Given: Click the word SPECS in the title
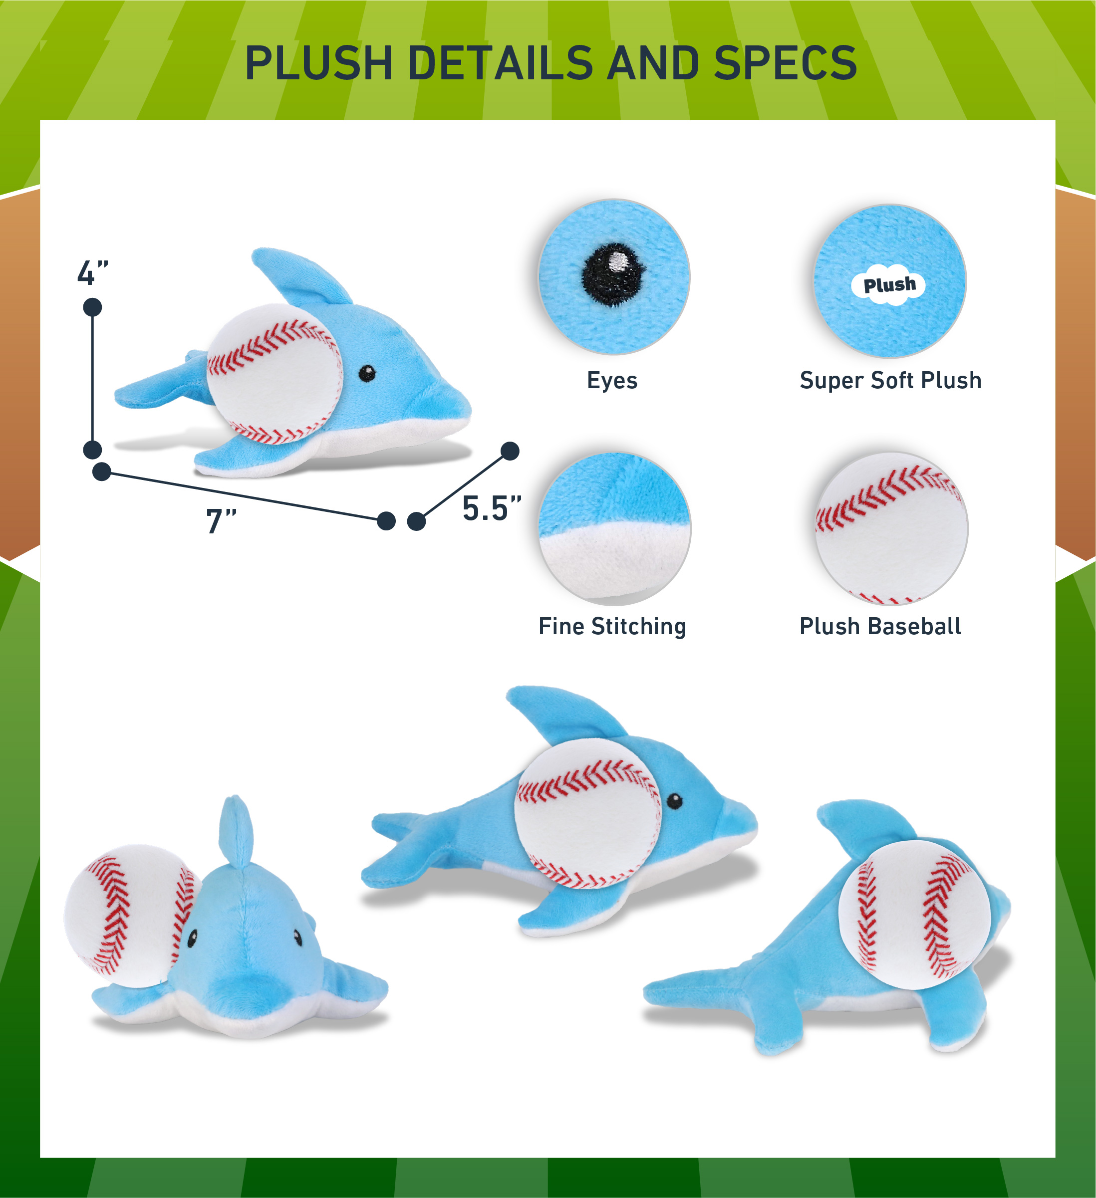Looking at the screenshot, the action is pyautogui.click(x=785, y=62).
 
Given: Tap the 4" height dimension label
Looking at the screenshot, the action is pyautogui.click(x=93, y=273).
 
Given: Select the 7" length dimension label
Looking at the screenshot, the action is pyautogui.click(x=221, y=520).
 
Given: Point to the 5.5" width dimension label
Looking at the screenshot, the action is pyautogui.click(x=492, y=508).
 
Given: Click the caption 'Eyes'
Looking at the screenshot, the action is pyautogui.click(x=612, y=380).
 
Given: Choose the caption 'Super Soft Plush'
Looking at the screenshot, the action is pyautogui.click(x=890, y=380).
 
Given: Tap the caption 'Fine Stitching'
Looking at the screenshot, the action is pyautogui.click(x=612, y=626).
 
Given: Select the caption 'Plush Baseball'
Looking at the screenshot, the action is pyautogui.click(x=880, y=626).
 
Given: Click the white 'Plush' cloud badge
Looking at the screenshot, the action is pyautogui.click(x=888, y=285).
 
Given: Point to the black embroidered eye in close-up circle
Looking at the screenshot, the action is pyautogui.click(x=614, y=274).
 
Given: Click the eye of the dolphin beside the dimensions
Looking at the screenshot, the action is pyautogui.click(x=367, y=373).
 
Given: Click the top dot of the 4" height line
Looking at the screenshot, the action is pyautogui.click(x=93, y=307).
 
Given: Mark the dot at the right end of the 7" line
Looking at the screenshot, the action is pyautogui.click(x=386, y=521).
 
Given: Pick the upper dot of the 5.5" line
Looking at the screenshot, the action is pyautogui.click(x=510, y=451).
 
